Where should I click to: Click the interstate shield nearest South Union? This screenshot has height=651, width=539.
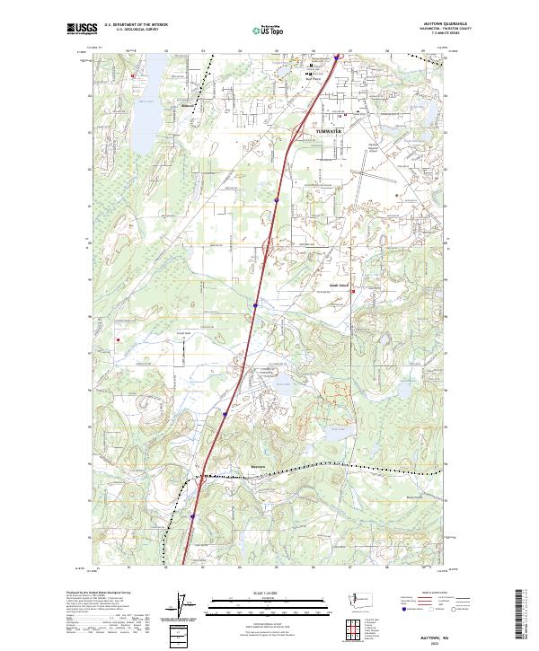click(255, 305)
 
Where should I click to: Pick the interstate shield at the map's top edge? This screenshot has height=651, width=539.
click(337, 57)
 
